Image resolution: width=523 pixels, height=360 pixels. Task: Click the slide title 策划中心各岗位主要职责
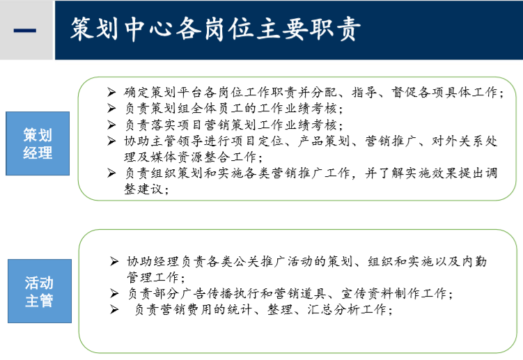pyautogui.click(x=215, y=29)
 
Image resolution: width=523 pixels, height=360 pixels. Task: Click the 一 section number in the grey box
pyautogui.click(x=26, y=30)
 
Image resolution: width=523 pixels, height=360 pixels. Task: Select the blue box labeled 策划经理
pyautogui.click(x=38, y=143)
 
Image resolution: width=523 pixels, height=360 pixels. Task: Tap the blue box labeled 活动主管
pyautogui.click(x=39, y=292)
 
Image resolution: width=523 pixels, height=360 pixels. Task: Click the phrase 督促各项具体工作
pyautogui.click(x=455, y=92)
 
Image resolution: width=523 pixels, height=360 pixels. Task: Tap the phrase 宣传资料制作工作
pyautogui.click(x=394, y=294)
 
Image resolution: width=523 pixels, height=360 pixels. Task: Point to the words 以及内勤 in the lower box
pyautogui.click(x=462, y=262)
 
